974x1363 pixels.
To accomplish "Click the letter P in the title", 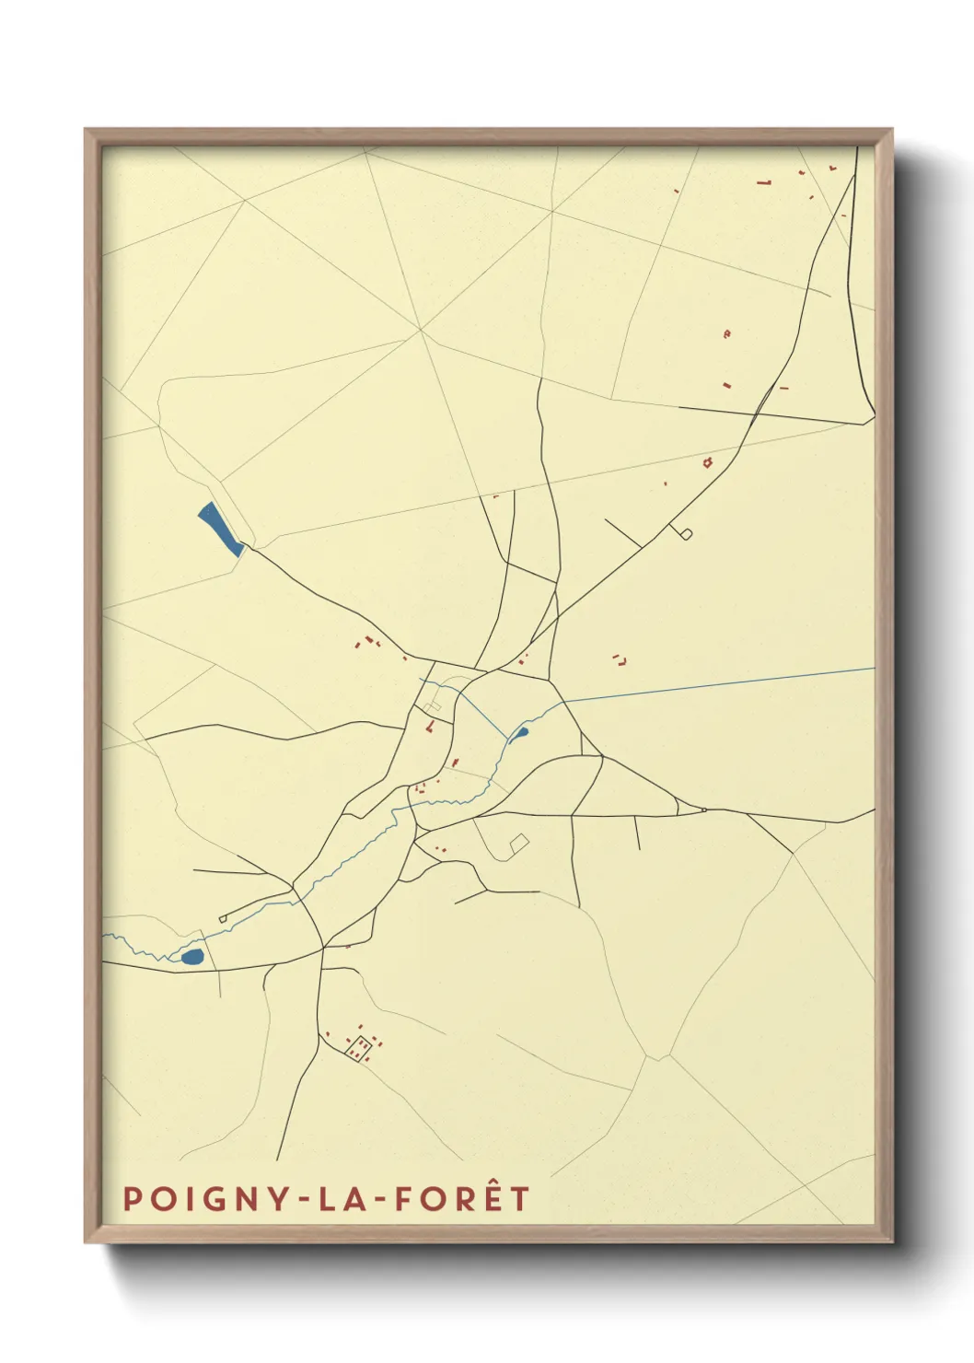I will [x=133, y=1199].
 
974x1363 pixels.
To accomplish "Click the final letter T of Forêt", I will [x=520, y=1199].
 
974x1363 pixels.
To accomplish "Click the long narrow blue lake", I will [x=220, y=530].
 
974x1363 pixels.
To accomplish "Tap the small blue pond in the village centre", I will [x=520, y=734].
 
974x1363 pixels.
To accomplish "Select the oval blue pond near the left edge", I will [x=191, y=957].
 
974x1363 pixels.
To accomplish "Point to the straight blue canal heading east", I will [x=718, y=684].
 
